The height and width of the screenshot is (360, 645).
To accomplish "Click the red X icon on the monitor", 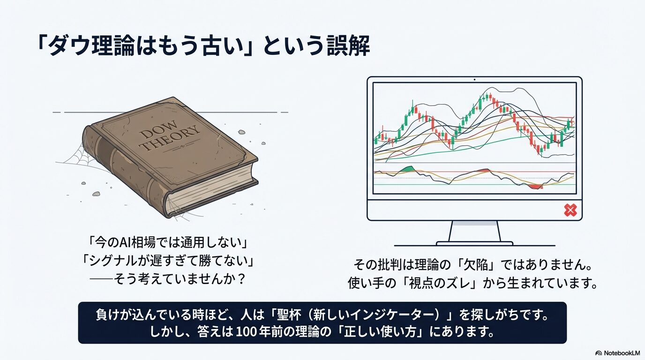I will pos(570,210).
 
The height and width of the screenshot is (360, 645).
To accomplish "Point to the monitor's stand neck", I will pos(474,231).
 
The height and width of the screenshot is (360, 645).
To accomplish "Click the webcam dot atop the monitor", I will pos(474,80).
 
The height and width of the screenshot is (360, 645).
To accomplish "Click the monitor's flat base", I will pos(474,244).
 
